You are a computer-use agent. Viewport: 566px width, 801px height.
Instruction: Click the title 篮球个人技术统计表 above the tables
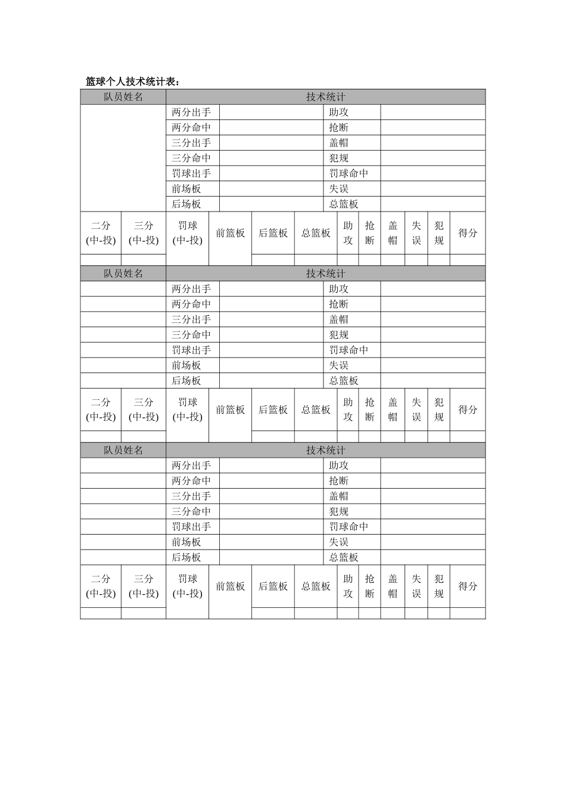pos(132,82)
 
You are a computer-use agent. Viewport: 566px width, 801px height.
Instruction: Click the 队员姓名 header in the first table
pos(123,97)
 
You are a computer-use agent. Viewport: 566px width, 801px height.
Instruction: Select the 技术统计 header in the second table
pos(325,274)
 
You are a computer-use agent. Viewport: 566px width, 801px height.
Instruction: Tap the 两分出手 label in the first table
pos(191,112)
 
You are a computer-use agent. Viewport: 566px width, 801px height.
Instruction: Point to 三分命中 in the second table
pos(191,335)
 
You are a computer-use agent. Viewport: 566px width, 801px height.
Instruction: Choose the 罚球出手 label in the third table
pos(191,527)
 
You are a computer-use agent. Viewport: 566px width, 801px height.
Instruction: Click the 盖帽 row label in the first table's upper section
pos(339,143)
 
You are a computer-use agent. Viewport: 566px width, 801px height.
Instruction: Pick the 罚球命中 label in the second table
pos(349,350)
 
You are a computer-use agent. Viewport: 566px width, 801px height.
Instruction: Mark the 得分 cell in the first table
pos(468,233)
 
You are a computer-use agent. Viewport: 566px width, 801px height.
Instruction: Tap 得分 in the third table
pos(468,586)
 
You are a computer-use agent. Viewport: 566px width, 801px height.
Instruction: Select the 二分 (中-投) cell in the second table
pos(101,409)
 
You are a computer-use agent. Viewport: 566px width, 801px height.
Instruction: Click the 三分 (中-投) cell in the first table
pos(144,233)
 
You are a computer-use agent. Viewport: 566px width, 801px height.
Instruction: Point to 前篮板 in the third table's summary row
pos(230,586)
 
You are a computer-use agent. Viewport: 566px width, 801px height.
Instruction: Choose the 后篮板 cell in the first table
pos(273,233)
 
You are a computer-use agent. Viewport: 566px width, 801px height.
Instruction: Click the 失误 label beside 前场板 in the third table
pos(339,542)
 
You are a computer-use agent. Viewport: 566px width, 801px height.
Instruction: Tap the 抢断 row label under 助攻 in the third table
pos(339,481)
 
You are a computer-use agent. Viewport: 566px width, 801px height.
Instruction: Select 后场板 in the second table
pos(186,381)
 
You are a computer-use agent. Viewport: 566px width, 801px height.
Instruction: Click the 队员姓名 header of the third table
pos(123,451)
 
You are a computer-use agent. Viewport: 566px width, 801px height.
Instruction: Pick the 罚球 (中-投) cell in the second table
pos(188,409)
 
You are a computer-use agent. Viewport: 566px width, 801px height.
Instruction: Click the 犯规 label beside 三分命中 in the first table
pos(339,159)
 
